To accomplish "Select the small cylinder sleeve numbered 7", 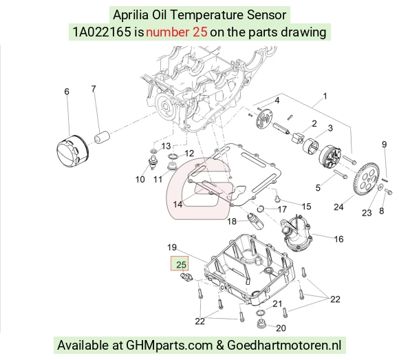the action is [x=102, y=137].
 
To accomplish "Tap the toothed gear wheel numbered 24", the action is [x=366, y=180].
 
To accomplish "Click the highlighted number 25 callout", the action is [x=181, y=264].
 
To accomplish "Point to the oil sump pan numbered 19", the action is [x=250, y=270].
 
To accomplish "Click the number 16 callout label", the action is [x=338, y=239].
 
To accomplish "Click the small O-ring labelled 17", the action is [x=260, y=209].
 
